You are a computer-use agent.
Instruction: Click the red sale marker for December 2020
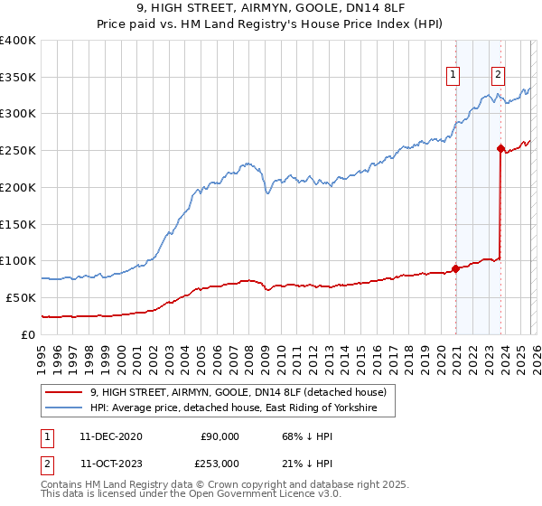click(x=455, y=267)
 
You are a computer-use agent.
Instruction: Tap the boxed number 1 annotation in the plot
click(x=452, y=75)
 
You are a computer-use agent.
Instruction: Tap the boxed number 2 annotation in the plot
click(x=498, y=75)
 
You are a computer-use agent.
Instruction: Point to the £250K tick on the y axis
click(x=17, y=150)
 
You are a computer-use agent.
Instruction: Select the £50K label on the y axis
click(x=21, y=297)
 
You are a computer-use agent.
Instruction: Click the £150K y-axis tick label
click(x=17, y=223)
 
